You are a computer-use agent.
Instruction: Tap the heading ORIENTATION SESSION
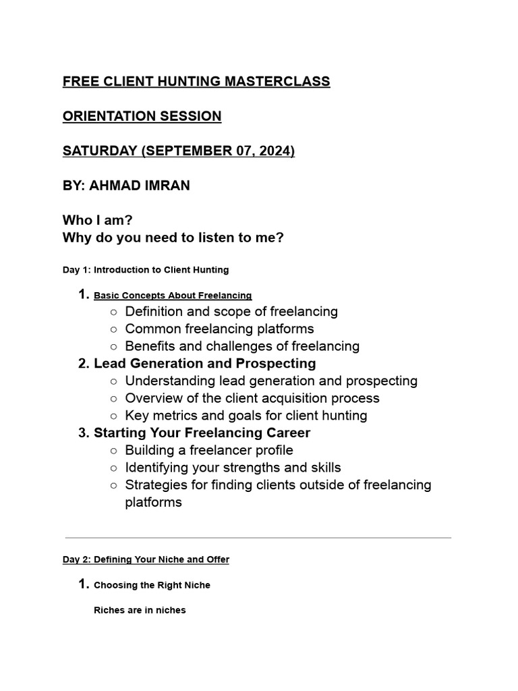[142, 116]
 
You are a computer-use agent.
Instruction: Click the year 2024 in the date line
[272, 151]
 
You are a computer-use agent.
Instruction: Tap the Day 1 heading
[146, 270]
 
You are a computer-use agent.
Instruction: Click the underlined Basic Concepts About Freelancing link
[173, 296]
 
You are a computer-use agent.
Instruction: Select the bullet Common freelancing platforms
[219, 329]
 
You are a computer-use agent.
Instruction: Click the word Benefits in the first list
[150, 346]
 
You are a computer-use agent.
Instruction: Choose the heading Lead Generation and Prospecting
[204, 364]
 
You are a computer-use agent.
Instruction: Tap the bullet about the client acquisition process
[252, 398]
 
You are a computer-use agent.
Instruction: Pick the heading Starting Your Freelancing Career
[202, 433]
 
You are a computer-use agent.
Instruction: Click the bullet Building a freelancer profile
[209, 450]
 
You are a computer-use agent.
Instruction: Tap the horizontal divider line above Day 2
[258, 538]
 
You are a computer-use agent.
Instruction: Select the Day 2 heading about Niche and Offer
[146, 559]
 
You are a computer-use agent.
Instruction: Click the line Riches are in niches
[140, 610]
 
